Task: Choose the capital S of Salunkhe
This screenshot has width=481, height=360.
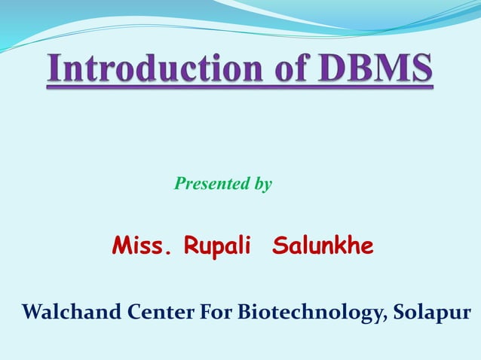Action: point(279,246)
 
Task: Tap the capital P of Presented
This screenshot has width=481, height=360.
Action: point(179,183)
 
